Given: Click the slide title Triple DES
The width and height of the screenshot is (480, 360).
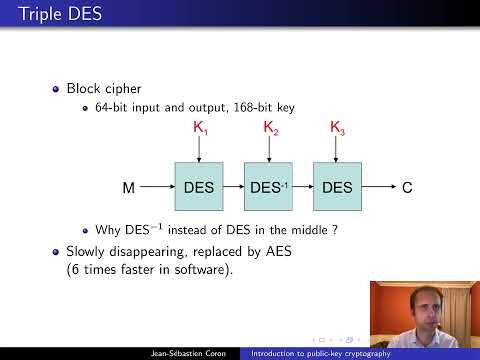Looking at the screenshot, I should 43,15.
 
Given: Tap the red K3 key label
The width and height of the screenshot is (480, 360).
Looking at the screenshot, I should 338,128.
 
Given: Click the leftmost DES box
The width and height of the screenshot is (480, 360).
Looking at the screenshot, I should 203,186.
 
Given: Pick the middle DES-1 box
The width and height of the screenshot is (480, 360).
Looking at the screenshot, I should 272,186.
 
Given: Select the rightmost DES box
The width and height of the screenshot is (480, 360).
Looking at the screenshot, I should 338,186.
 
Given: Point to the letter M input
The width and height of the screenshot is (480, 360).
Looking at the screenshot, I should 128,187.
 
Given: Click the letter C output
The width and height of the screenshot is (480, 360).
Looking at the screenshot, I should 407,187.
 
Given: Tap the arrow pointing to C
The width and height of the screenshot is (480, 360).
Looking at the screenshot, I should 380,187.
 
